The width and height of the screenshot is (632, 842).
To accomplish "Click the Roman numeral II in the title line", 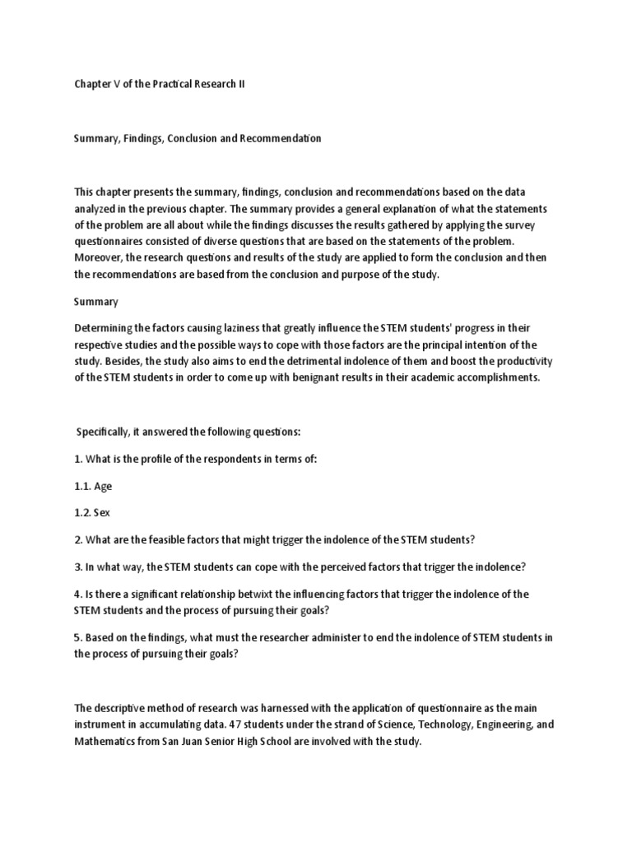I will (241, 85).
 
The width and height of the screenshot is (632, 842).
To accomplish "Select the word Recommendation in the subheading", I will (281, 139).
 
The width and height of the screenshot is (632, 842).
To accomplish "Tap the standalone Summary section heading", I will (96, 302).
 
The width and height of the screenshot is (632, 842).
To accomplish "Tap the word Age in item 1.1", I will (103, 485).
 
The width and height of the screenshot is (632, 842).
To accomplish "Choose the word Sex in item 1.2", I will (102, 512).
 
